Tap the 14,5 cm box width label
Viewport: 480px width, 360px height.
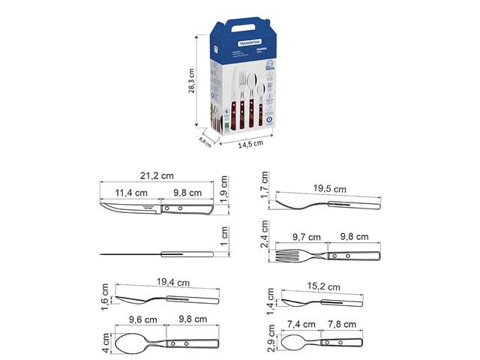[251, 144]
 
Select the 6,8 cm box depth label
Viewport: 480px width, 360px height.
[205, 140]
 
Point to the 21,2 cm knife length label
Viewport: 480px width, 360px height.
[157, 176]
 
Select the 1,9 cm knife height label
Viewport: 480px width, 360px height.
[224, 184]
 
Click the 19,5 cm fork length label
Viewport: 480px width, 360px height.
[330, 189]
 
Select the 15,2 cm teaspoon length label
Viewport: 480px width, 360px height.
[325, 286]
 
